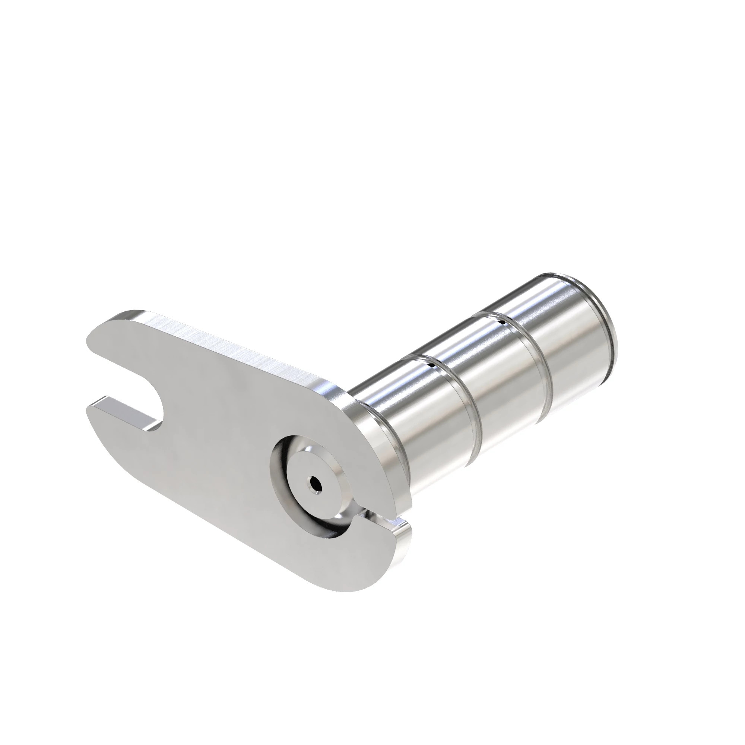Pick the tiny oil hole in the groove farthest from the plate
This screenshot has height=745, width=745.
[x=503, y=311]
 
